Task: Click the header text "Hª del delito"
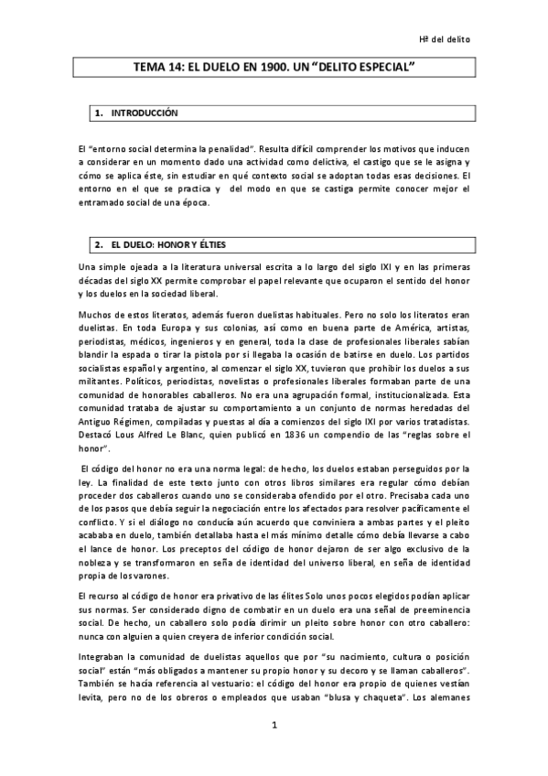pos(446,40)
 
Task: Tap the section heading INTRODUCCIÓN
pos(144,113)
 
